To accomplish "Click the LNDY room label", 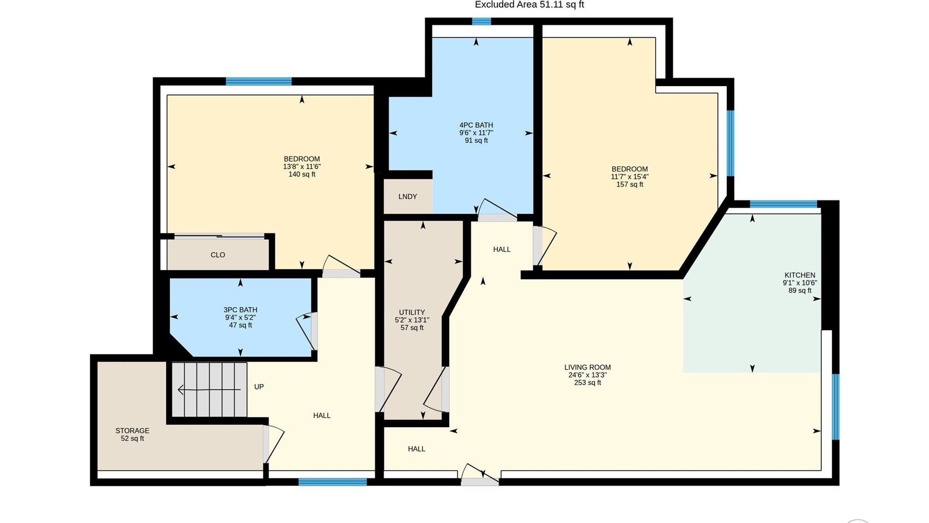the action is click(x=407, y=197).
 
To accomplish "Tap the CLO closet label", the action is click(x=218, y=255).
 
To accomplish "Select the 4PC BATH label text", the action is click(x=476, y=125).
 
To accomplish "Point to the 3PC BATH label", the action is click(x=240, y=310).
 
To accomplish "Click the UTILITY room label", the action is click(x=412, y=312).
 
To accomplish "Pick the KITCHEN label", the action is click(x=800, y=275).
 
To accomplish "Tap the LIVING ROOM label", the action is click(x=587, y=367).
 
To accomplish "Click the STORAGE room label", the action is click(x=132, y=431).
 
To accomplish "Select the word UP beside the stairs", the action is click(x=259, y=386).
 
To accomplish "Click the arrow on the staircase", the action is click(x=209, y=389).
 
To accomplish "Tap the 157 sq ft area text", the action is click(x=629, y=185).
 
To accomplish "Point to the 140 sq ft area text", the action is click(x=302, y=174).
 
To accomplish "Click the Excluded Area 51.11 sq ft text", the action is click(x=529, y=5).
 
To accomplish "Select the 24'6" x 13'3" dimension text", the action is click(x=587, y=375).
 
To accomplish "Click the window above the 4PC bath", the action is click(x=481, y=21).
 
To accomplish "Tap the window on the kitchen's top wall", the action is click(x=783, y=204).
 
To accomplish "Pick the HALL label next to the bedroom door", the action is click(x=502, y=249).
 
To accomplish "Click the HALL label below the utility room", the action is click(x=416, y=449).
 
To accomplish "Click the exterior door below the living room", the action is click(x=479, y=476).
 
